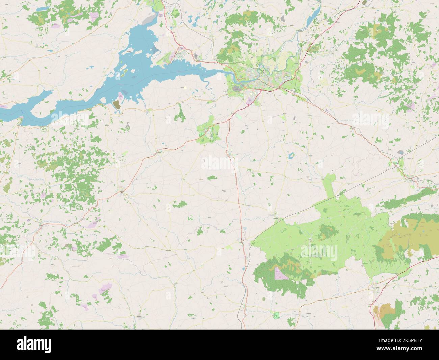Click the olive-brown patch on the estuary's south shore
point(117,104)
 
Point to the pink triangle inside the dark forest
point(281,273)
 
